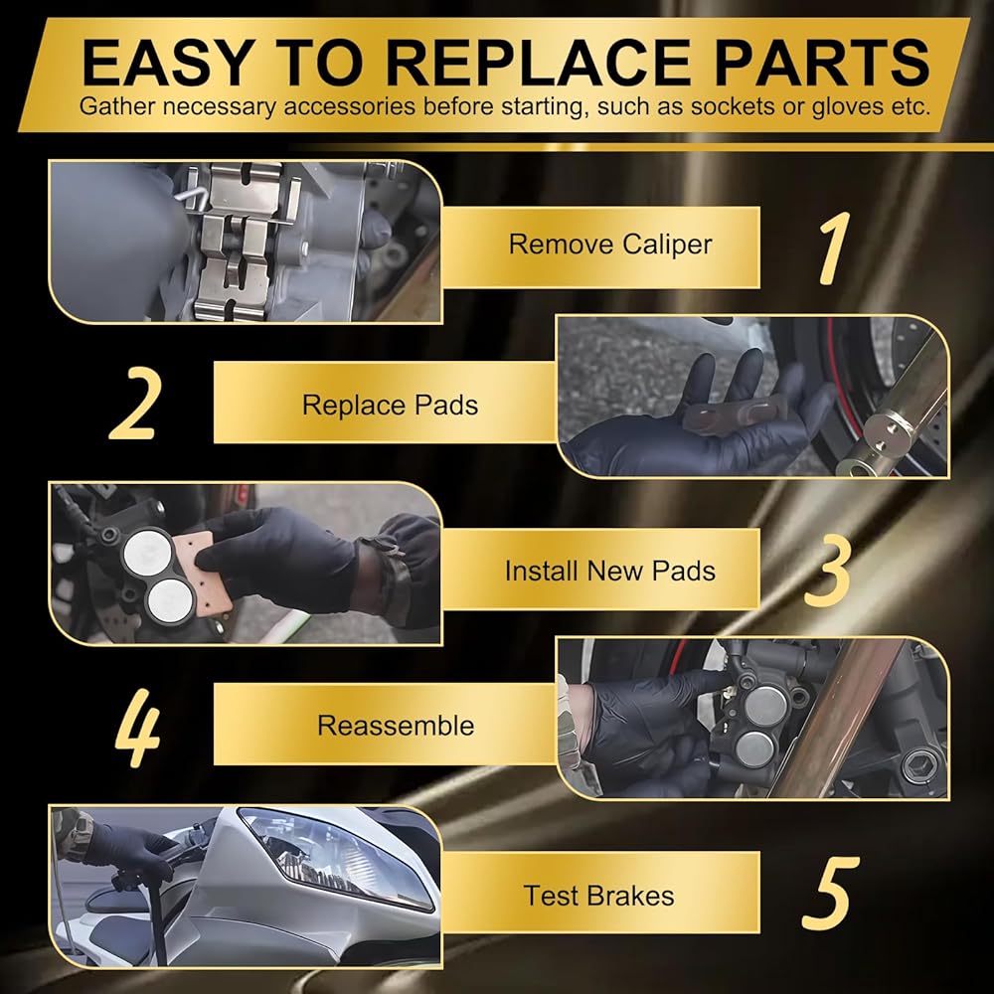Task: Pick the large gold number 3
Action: tap(827, 570)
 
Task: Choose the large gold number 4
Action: tap(137, 728)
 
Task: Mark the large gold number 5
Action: tap(830, 894)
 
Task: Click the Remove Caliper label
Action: tap(610, 245)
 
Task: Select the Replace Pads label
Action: tap(390, 406)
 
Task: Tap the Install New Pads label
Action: tap(610, 571)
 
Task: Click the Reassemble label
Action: tap(396, 726)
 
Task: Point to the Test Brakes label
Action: tap(599, 896)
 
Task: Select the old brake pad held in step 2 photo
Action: tap(736, 414)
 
